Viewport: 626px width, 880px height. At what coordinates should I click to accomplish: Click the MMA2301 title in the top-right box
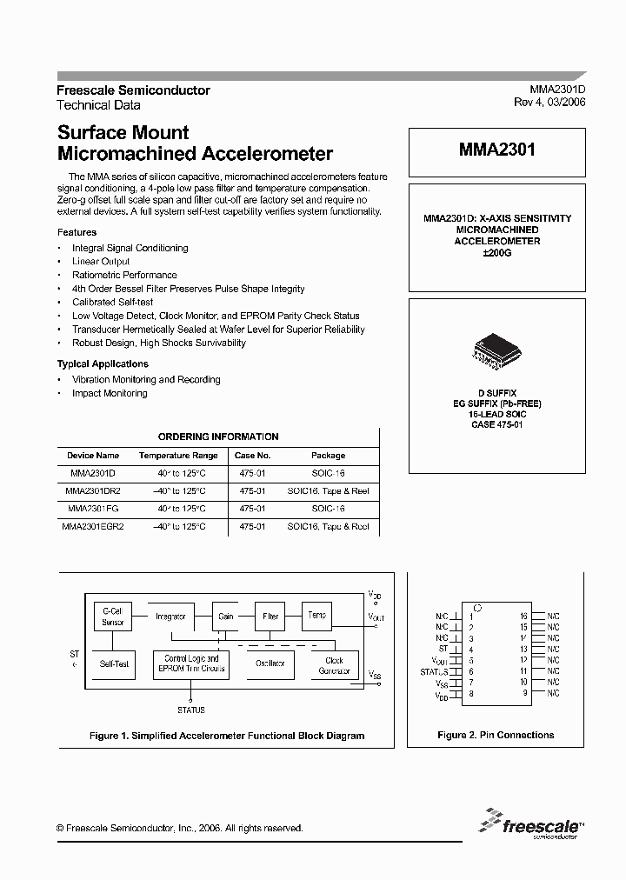pyautogui.click(x=496, y=150)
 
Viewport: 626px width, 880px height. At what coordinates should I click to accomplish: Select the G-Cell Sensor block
pyautogui.click(x=112, y=617)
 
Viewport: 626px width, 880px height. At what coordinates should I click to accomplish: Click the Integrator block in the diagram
pyautogui.click(x=170, y=617)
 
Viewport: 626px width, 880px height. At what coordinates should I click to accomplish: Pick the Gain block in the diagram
pyautogui.click(x=226, y=617)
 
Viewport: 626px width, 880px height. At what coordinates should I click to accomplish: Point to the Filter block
pyautogui.click(x=270, y=617)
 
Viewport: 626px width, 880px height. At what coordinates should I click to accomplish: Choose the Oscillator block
pyautogui.click(x=270, y=663)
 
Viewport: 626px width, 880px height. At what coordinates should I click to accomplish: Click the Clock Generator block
pyautogui.click(x=334, y=665)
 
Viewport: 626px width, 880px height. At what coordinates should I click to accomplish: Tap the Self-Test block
pyautogui.click(x=113, y=664)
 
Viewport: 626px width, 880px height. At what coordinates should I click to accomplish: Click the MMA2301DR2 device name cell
pyautogui.click(x=93, y=491)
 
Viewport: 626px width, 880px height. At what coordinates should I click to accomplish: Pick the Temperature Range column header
pyautogui.click(x=178, y=456)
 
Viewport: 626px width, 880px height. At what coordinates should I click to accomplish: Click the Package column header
pyautogui.click(x=328, y=456)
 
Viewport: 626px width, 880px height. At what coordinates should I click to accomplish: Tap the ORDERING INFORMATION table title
pyautogui.click(x=218, y=437)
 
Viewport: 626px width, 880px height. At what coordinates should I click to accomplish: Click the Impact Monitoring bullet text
pyautogui.click(x=110, y=393)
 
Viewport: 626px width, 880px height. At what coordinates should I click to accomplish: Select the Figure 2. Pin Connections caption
pyautogui.click(x=495, y=735)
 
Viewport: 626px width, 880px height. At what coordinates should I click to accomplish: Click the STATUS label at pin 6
pyautogui.click(x=434, y=671)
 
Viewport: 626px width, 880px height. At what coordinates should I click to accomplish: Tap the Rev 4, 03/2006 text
pyautogui.click(x=550, y=102)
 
